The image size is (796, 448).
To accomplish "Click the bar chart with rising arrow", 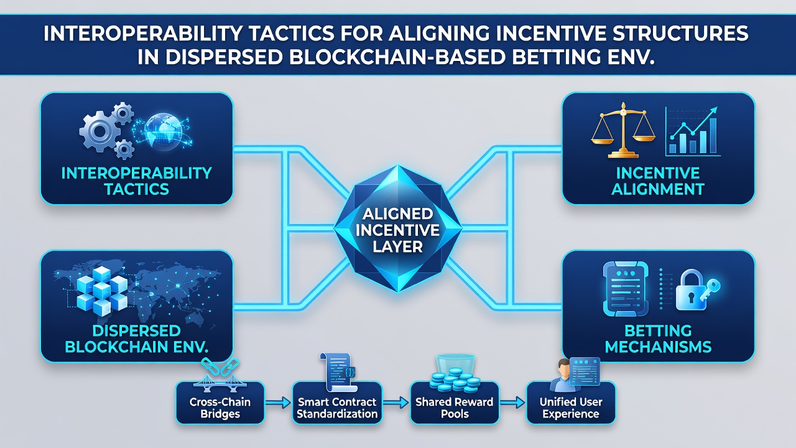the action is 693,131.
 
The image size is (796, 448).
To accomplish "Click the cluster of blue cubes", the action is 102,291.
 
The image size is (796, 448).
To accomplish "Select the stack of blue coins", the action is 455,380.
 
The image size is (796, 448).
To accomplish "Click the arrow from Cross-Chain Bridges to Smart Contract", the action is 278,403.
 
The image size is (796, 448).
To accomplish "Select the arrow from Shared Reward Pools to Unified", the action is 512,403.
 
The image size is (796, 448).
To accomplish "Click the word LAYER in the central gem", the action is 397,246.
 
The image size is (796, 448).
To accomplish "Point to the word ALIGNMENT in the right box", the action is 658,189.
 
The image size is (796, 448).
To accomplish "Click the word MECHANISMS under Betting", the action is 658,347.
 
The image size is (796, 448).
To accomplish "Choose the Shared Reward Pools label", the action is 455,408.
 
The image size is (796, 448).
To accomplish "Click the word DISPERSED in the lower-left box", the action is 136,331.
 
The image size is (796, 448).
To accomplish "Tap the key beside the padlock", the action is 711,289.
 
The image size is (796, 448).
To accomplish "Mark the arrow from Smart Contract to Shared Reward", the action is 395,403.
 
